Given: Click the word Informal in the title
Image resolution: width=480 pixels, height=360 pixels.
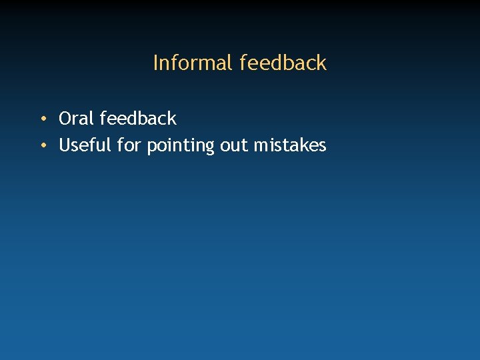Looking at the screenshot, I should point(193,63).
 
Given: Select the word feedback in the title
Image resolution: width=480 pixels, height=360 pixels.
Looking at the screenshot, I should point(283,63).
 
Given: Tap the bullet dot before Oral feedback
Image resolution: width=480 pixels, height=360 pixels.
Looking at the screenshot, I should point(42,119).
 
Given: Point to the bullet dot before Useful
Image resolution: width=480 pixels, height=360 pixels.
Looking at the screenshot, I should point(42,145).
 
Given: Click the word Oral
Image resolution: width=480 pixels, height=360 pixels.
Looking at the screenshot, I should point(77,119).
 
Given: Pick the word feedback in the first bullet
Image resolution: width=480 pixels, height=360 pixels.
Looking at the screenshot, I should point(138,119).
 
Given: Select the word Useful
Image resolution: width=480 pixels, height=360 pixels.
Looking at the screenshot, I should point(85,145).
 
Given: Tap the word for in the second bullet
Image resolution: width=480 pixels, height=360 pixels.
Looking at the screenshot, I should point(129,145).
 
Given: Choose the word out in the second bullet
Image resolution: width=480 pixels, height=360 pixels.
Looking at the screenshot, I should point(234,145).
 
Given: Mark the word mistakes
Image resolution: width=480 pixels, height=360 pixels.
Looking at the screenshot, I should point(290,145).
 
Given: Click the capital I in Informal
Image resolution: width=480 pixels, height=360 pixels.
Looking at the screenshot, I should point(156,63).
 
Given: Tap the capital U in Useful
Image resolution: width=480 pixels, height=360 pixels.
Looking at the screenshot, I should point(65,145).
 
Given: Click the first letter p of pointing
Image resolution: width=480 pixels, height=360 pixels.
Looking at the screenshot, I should point(151,147).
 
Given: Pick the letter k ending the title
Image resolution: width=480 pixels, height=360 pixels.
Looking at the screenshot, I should point(322,63).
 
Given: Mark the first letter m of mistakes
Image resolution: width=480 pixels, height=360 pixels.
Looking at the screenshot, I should point(261,146).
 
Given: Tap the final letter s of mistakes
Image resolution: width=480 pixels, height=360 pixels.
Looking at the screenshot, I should point(323,146).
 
